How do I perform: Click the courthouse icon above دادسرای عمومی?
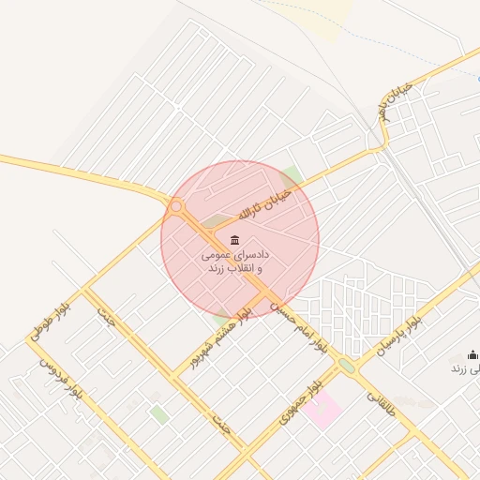tap(233, 241)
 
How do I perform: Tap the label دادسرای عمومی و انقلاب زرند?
tap(234, 262)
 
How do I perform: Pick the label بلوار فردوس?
tap(61, 382)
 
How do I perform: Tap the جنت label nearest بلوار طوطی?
tap(105, 319)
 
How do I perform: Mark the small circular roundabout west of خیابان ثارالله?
tap(176, 205)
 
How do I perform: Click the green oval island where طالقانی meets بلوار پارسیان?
tap(347, 366)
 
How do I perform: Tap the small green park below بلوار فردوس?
tap(159, 413)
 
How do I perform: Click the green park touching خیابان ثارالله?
tap(292, 176)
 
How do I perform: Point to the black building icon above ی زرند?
tap(472, 354)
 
